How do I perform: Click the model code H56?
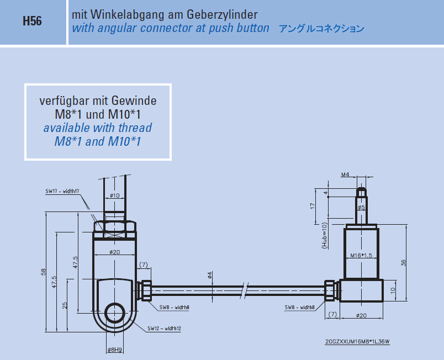point(32,22)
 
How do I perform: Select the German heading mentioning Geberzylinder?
point(165,13)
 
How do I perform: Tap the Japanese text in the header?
point(321,28)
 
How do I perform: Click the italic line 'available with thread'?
point(98,128)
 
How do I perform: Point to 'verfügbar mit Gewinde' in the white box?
point(98,101)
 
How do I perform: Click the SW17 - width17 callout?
point(62,191)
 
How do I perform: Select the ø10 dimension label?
point(115,195)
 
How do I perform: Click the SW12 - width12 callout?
point(164,329)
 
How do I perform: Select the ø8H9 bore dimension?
point(115,350)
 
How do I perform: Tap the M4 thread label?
point(345,174)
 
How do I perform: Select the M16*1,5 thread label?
point(362,256)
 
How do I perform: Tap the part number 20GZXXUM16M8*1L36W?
point(357,341)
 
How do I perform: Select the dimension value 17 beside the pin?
point(313,205)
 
